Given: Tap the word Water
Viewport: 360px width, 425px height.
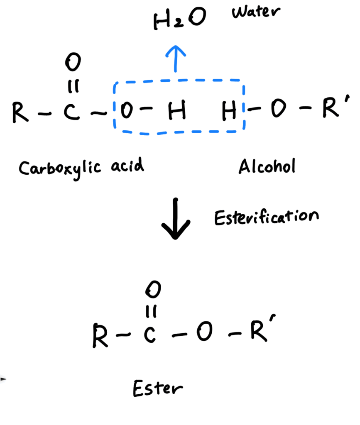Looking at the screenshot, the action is pyautogui.click(x=256, y=12).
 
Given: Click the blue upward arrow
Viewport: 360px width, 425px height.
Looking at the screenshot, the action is pyautogui.click(x=176, y=59).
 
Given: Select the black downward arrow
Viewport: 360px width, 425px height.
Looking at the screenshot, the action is pyautogui.click(x=176, y=218).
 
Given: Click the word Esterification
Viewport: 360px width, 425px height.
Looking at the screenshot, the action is pyautogui.click(x=267, y=217).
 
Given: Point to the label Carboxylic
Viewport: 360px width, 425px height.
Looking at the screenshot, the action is pyautogui.click(x=60, y=169).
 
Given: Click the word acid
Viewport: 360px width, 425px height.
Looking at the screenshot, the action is pyautogui.click(x=127, y=165).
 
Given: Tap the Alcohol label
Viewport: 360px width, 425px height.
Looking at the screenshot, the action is pyautogui.click(x=267, y=166).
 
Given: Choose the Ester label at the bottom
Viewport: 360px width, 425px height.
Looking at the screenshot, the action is pyautogui.click(x=158, y=388).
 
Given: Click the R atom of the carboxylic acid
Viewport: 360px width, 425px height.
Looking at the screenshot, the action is pyautogui.click(x=20, y=112).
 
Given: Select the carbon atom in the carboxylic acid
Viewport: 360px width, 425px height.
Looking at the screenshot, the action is pyautogui.click(x=71, y=111).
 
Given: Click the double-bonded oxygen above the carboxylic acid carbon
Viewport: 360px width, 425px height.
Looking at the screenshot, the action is pyautogui.click(x=73, y=62).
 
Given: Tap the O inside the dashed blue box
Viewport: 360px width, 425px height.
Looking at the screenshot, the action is pyautogui.click(x=127, y=110).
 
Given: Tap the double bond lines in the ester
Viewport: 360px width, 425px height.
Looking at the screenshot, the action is pyautogui.click(x=151, y=311).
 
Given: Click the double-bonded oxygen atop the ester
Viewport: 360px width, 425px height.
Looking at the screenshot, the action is pyautogui.click(x=153, y=289).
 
